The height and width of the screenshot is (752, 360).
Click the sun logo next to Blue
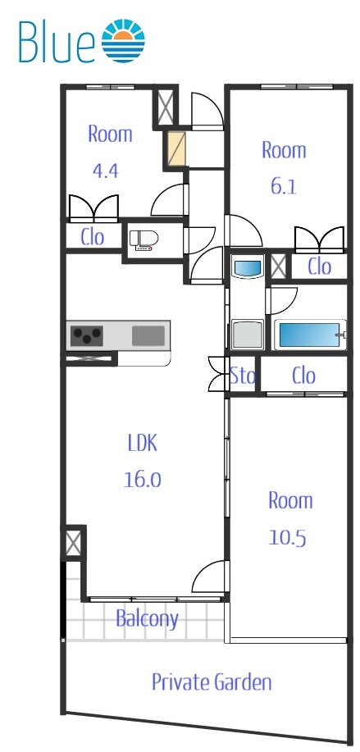point(124,41)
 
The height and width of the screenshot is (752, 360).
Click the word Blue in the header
point(57,41)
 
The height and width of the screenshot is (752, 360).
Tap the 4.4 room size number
point(105,171)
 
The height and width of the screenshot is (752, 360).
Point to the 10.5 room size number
point(287,538)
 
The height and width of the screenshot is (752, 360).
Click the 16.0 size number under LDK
point(143,479)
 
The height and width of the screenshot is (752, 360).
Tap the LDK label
point(143,444)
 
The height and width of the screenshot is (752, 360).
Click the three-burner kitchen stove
point(87,335)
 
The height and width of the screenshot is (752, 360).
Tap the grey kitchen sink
point(148,335)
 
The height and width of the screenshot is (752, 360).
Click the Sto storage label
point(242,376)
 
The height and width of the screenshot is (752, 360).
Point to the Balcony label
point(147,618)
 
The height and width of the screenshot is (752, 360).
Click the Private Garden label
point(212,681)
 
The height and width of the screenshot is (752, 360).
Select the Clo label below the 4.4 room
point(93,237)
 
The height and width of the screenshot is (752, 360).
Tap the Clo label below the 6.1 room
point(319,267)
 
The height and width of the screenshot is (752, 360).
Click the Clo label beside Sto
point(303,376)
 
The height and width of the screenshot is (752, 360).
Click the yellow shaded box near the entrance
point(176,148)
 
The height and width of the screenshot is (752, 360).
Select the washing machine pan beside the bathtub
point(248,334)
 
